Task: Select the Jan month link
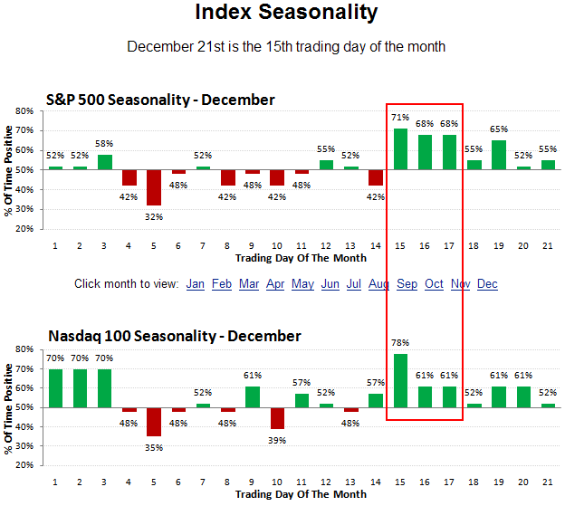pyautogui.click(x=196, y=284)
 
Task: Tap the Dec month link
pyautogui.click(x=487, y=284)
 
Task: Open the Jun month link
pyautogui.click(x=330, y=284)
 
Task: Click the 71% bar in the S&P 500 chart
pyautogui.click(x=400, y=148)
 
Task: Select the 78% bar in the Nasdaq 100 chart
pyautogui.click(x=400, y=380)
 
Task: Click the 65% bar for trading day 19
pyautogui.click(x=499, y=155)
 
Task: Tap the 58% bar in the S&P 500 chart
pyautogui.click(x=105, y=162)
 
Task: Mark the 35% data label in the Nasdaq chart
pyautogui.click(x=154, y=447)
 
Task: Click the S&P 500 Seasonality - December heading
pyautogui.click(x=160, y=100)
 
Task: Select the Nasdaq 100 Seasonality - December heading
pyautogui.click(x=174, y=336)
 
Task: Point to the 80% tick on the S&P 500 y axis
pyautogui.click(x=24, y=110)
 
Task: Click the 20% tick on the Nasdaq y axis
pyautogui.click(x=24, y=466)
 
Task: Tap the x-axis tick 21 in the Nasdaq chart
pyautogui.click(x=548, y=482)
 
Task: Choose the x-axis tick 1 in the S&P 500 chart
pyautogui.click(x=55, y=245)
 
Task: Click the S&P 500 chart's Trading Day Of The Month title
pyautogui.click(x=301, y=258)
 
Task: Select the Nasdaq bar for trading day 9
pyautogui.click(x=253, y=397)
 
